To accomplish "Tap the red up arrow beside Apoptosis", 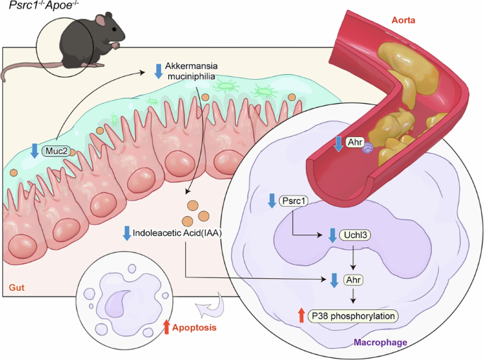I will (x=167, y=327).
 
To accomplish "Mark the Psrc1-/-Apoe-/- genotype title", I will (x=42, y=9).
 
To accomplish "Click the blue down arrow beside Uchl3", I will (x=332, y=235).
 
